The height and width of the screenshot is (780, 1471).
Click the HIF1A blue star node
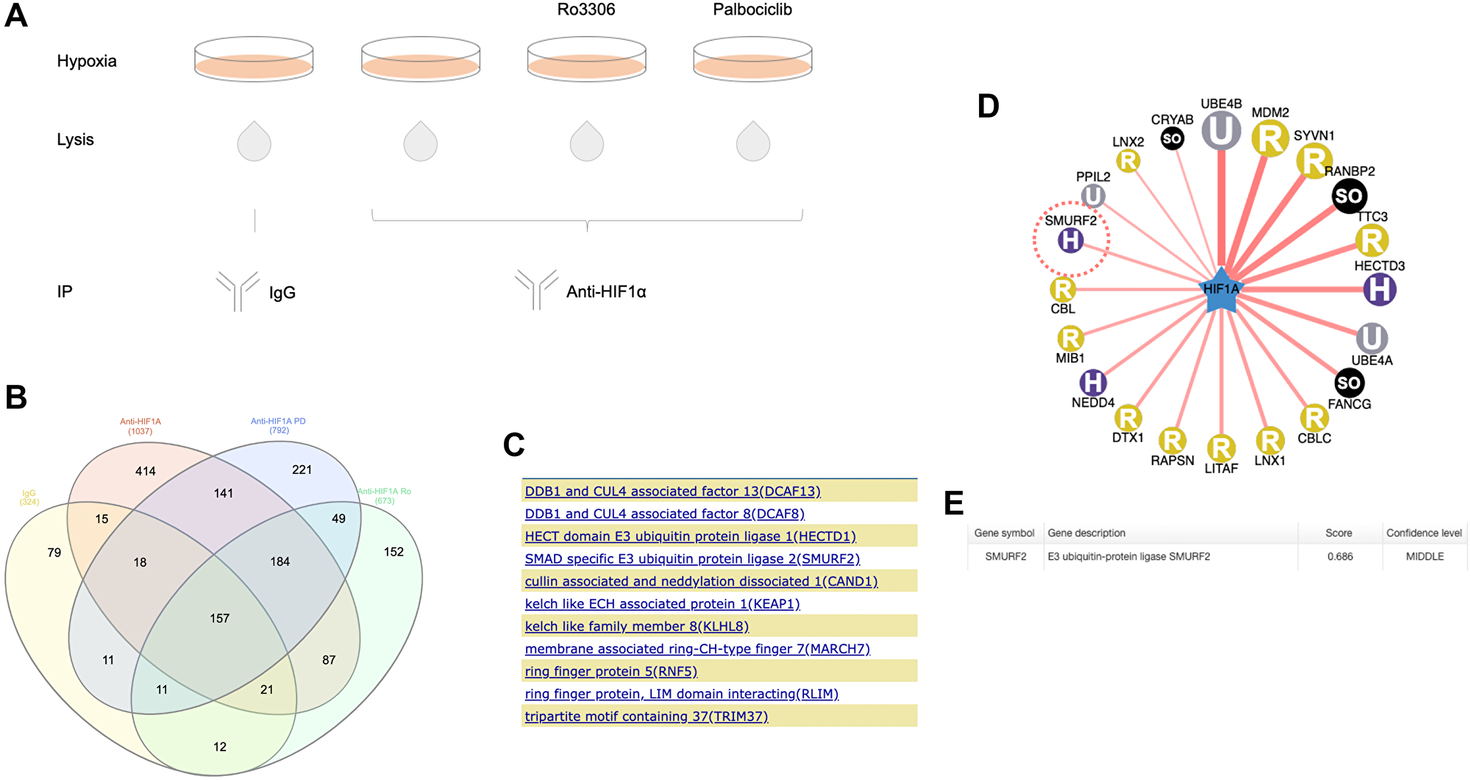(x=1221, y=290)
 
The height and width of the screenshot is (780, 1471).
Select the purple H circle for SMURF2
(x=1070, y=240)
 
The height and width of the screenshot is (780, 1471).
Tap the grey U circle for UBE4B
(x=1221, y=131)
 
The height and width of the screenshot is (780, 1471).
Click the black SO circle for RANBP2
(x=1349, y=196)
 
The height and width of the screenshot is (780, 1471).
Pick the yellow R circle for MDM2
(x=1269, y=138)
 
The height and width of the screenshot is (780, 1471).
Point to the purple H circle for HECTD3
(x=1379, y=289)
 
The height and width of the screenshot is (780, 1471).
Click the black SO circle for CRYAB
(x=1172, y=138)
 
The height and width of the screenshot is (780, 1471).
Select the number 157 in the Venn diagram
(x=219, y=619)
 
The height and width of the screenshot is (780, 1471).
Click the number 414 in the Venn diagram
(x=145, y=471)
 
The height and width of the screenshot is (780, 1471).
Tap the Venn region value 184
(x=279, y=561)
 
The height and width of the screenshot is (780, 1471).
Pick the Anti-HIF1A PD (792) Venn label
(x=278, y=425)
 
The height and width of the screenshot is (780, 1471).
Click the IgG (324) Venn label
(x=29, y=497)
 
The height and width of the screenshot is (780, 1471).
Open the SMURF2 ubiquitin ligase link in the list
(x=691, y=559)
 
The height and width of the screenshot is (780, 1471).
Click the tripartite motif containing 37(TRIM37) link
(x=646, y=717)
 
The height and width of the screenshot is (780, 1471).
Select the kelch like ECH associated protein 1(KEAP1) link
(x=662, y=604)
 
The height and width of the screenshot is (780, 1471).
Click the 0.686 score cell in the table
(x=1339, y=557)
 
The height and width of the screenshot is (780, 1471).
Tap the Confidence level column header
(x=1423, y=533)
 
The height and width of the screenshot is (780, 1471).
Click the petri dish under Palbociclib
(x=752, y=60)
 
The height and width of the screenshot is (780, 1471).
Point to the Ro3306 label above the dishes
(x=585, y=10)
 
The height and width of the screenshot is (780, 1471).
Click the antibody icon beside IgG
(x=238, y=291)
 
